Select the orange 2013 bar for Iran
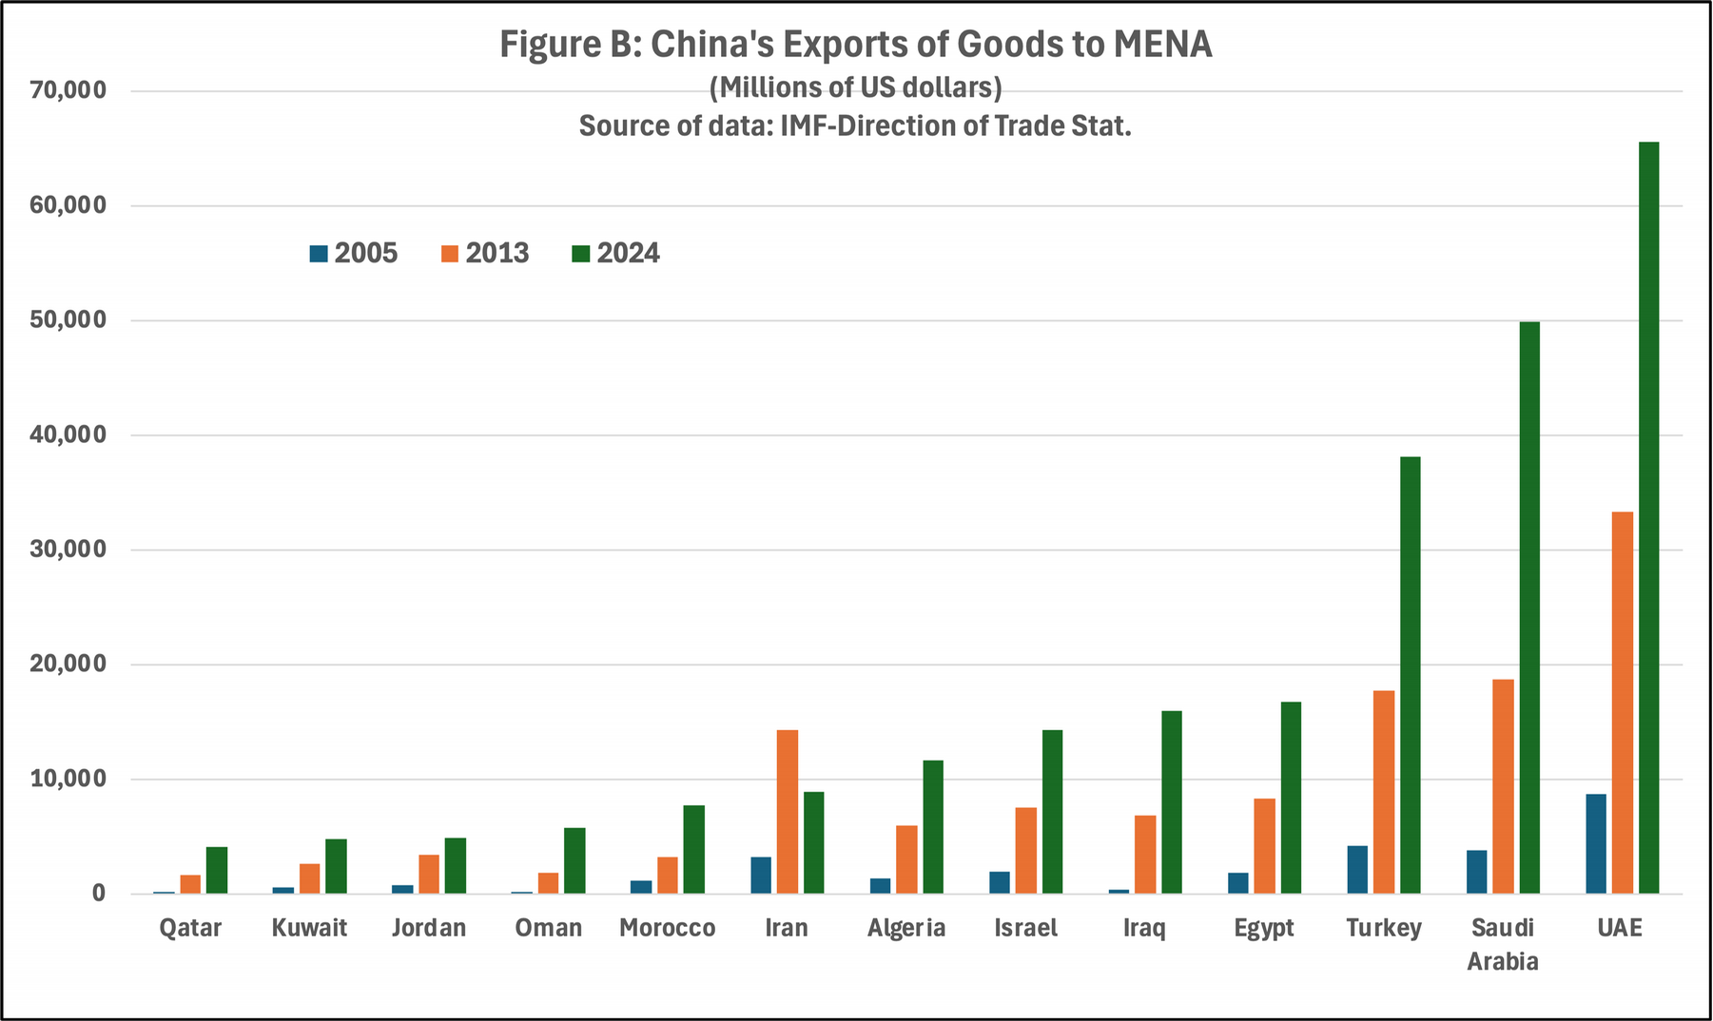point(788,812)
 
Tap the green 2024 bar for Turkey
point(1410,675)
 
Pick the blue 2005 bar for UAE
point(1596,844)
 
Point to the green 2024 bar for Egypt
point(1291,798)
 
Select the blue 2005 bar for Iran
point(761,876)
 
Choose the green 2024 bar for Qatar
point(217,870)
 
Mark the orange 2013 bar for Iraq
point(1145,855)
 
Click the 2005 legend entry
point(353,254)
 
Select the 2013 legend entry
point(484,254)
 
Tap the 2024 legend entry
point(615,254)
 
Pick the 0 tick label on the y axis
point(98,895)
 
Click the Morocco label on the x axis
point(667,928)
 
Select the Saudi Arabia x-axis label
point(1503,944)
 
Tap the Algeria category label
point(906,928)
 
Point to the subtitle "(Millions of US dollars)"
point(855,87)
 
